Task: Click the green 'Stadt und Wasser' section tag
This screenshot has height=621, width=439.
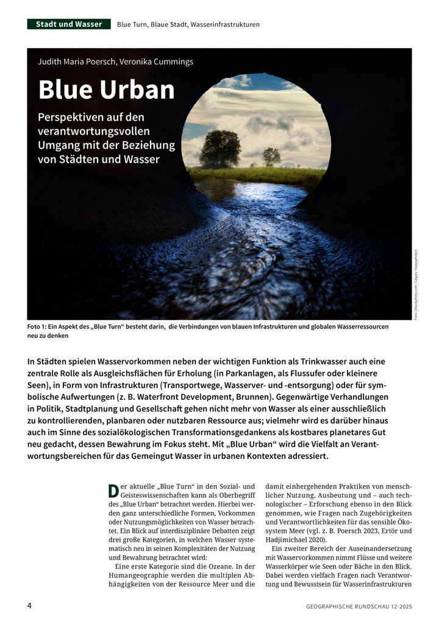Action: click(x=69, y=24)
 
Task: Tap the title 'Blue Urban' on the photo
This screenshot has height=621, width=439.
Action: click(x=106, y=90)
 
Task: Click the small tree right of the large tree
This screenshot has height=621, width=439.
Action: click(x=271, y=157)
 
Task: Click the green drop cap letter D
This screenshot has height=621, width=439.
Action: click(x=113, y=491)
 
